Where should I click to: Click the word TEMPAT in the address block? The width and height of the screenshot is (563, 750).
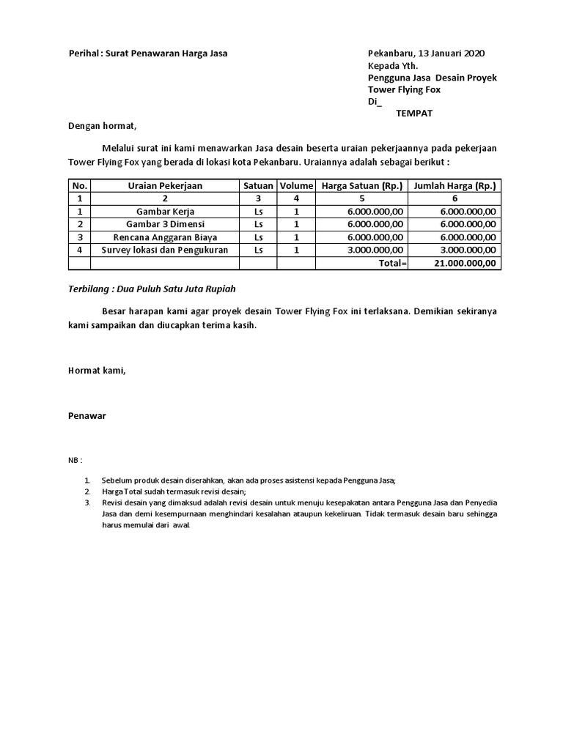pos(414,113)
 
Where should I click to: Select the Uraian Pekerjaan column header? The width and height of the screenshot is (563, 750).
pos(165,186)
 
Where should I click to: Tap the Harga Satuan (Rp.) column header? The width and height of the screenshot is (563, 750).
pos(362,186)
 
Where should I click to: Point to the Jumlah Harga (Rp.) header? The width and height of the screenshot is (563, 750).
pos(455,186)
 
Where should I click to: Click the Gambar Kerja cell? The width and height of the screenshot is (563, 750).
pos(165,212)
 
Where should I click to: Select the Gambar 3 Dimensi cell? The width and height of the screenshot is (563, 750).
pos(165,224)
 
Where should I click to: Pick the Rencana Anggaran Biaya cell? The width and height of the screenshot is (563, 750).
pos(165,237)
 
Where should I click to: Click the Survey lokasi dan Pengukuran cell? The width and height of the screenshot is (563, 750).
pos(165,250)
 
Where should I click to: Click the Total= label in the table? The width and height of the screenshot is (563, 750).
pos(393,263)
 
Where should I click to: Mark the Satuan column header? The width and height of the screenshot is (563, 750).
pos(258,186)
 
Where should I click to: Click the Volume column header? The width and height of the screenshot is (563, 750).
pos(296,186)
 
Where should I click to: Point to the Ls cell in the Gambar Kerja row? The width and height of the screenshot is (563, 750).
pos(258,212)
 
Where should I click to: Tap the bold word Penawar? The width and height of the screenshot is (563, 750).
pos(87,415)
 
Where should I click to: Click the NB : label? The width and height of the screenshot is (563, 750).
pos(76,460)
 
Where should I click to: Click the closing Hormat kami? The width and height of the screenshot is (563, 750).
pos(97,371)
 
